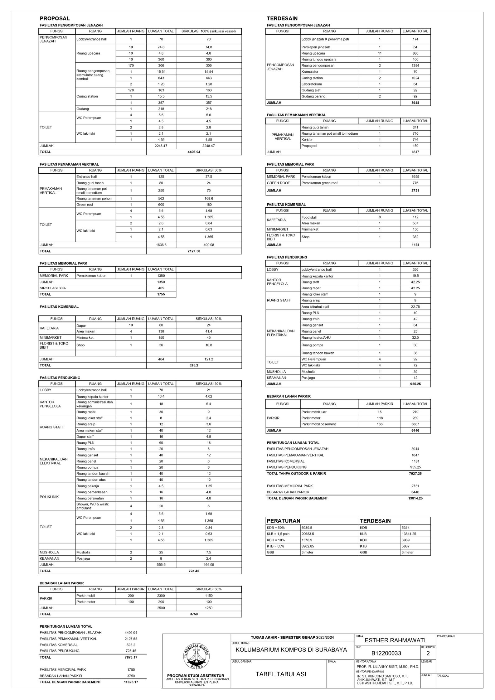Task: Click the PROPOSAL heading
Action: (x=55, y=19)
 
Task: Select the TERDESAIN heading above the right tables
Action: (x=282, y=19)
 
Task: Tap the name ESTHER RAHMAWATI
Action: (x=395, y=640)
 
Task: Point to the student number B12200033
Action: (x=386, y=653)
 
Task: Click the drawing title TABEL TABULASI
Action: (x=281, y=674)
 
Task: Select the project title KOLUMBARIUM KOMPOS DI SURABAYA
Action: (x=291, y=650)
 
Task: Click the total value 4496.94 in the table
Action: (x=194, y=152)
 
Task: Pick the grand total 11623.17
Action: (x=131, y=682)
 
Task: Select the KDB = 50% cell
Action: (x=276, y=528)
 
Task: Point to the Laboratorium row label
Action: (x=312, y=84)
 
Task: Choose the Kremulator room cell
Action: (x=310, y=72)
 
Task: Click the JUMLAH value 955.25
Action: (x=415, y=384)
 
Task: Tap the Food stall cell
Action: (x=309, y=217)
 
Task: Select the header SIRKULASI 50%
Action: (x=208, y=589)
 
